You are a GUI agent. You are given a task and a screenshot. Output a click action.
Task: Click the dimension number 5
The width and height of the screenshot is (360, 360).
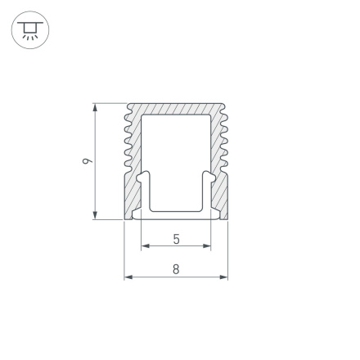(177, 239)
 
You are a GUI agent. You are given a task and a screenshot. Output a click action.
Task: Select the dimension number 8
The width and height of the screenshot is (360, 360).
(177, 269)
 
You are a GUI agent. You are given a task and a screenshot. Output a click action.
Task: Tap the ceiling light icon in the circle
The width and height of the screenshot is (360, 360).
(30, 30)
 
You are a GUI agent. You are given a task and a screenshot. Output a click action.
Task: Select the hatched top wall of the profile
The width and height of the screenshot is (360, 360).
(176, 109)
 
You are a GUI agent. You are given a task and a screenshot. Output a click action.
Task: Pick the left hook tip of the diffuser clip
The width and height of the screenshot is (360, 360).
(144, 176)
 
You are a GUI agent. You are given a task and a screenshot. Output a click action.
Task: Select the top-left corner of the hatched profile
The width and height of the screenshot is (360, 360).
(128, 105)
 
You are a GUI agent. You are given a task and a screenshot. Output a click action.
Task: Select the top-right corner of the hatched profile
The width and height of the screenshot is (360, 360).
(224, 105)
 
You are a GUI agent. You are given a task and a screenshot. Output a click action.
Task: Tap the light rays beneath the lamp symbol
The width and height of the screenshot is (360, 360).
(30, 37)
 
